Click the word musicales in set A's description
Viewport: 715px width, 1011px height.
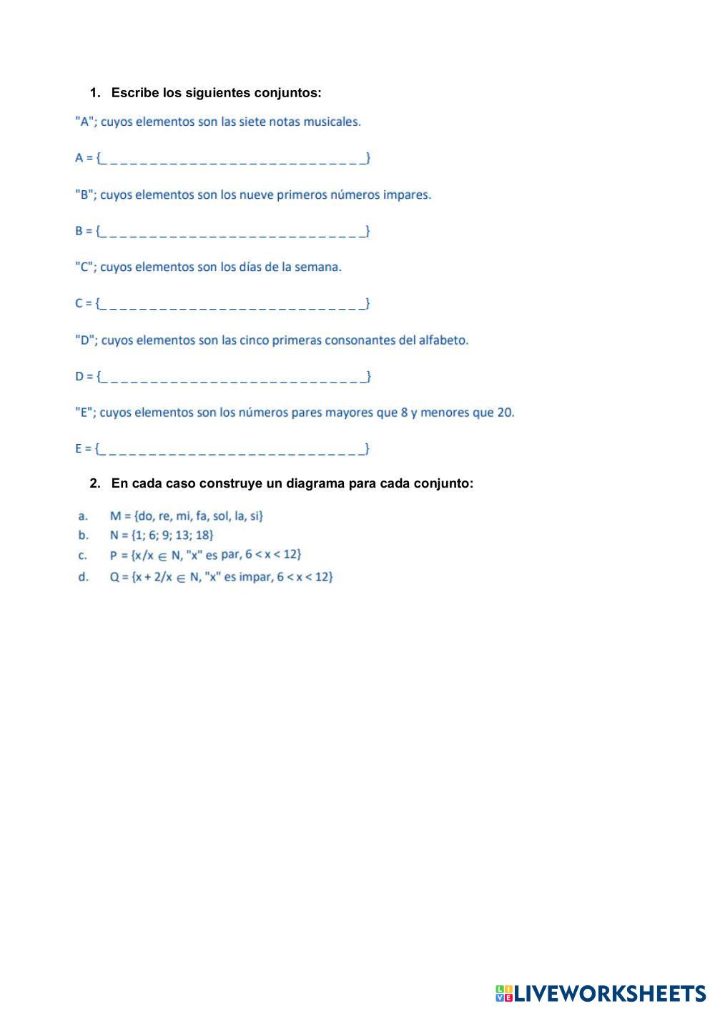(x=332, y=122)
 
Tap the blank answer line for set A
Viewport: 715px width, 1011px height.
(x=233, y=158)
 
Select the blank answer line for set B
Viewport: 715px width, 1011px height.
(x=233, y=231)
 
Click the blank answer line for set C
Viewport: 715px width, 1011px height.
(x=233, y=303)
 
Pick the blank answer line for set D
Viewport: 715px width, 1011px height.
(x=233, y=376)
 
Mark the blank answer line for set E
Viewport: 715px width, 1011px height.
(x=233, y=449)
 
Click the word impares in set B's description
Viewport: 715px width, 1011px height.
(x=407, y=194)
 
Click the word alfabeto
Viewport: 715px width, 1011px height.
(x=443, y=340)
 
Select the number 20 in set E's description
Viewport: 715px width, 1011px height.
(x=505, y=413)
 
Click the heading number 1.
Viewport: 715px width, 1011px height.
(x=94, y=93)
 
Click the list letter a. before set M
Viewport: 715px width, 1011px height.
(x=83, y=516)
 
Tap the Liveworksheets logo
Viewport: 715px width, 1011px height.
(x=601, y=993)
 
